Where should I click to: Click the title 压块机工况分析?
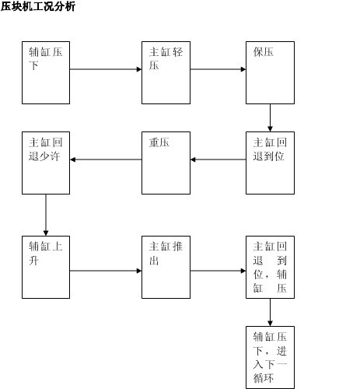pyautogui.click(x=38, y=6)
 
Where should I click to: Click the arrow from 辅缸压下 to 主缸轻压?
pyautogui.click(x=106, y=69)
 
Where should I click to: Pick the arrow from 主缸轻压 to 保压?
pyautogui.click(x=218, y=69)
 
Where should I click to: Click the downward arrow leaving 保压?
pyautogui.click(x=270, y=117)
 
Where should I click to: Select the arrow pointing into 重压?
pyautogui.click(x=218, y=159)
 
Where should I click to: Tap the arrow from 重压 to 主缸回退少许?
pyautogui.click(x=106, y=159)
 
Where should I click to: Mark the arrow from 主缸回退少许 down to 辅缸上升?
pyautogui.click(x=46, y=215)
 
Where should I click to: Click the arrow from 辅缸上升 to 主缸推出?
pyautogui.click(x=106, y=271)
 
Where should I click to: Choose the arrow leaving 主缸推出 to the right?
pyautogui.click(x=218, y=271)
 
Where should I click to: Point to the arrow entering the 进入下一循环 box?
pyautogui.click(x=270, y=312)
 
